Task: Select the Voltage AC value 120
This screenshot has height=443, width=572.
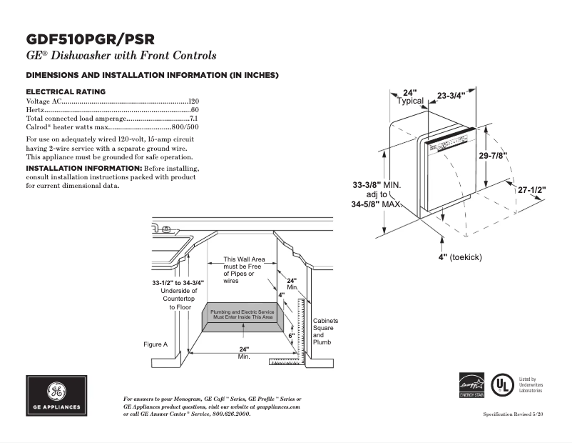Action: click(193, 101)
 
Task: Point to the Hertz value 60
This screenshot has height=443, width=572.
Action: click(194, 110)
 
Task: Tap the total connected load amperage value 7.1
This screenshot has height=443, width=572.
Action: click(193, 118)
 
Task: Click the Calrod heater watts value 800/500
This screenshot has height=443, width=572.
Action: click(184, 126)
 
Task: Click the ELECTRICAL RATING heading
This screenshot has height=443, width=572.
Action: click(66, 91)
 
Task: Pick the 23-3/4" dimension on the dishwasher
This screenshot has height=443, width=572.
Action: click(451, 96)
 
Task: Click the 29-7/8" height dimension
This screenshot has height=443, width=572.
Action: click(493, 156)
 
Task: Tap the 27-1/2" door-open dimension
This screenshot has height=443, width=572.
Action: click(531, 190)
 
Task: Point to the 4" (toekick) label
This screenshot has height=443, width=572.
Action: click(460, 257)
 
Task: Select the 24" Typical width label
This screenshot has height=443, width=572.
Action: click(410, 97)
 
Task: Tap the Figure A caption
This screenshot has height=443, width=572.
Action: click(155, 344)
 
